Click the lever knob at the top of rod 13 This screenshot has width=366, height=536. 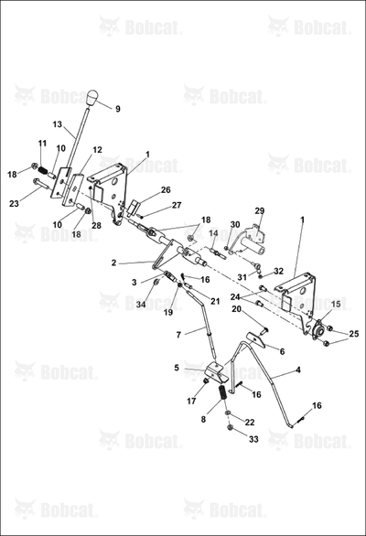[92, 98]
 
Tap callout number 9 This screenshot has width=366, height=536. [118, 109]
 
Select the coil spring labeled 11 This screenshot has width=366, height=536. [43, 170]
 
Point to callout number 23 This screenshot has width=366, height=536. [14, 204]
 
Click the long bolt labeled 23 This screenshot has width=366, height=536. [41, 183]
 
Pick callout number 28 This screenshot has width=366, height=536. [96, 226]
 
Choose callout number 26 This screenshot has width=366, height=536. [166, 189]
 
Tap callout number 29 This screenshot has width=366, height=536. [260, 210]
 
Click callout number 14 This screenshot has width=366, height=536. [214, 233]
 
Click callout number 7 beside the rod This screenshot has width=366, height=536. [178, 335]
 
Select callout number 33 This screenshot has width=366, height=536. [253, 439]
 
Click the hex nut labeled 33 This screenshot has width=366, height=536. [230, 427]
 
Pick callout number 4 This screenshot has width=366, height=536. [298, 370]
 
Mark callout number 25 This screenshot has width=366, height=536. [354, 334]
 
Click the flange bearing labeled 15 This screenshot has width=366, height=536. [319, 330]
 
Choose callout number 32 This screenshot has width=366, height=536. [279, 272]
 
